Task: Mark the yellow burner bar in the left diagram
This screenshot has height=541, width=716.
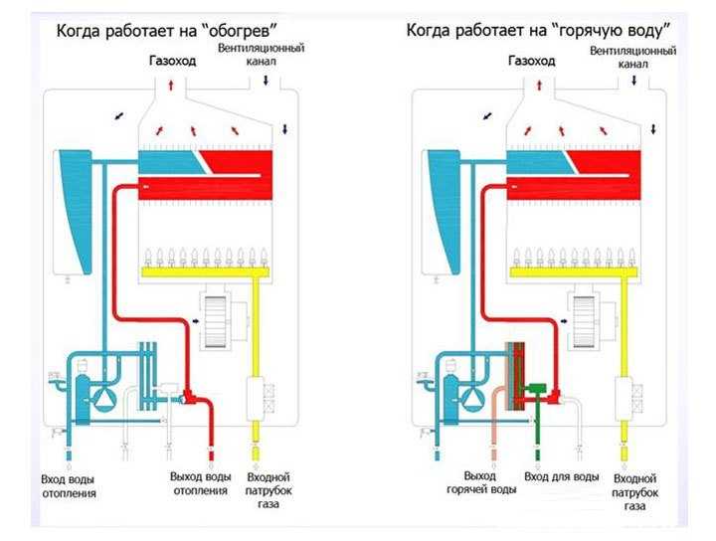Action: tap(203, 270)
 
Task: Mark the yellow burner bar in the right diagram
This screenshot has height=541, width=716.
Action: tap(571, 270)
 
